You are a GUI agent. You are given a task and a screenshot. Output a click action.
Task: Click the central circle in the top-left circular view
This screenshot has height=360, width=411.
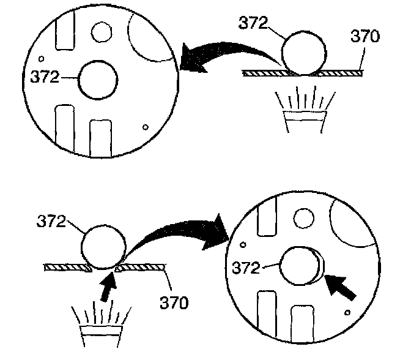click(x=97, y=80)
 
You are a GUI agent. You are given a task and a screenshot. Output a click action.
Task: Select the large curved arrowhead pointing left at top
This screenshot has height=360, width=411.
click(x=194, y=60)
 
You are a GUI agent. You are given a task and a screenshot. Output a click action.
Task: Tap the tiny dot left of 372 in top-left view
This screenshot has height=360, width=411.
click(x=40, y=59)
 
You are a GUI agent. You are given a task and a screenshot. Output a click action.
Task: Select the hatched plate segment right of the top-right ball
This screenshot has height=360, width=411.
click(x=341, y=73)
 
